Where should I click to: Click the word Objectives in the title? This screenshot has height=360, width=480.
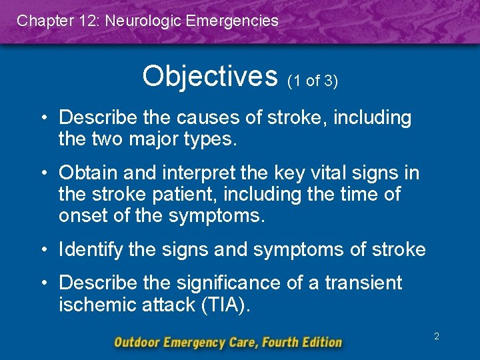(x=209, y=76)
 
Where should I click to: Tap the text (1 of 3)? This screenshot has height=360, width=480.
(x=313, y=81)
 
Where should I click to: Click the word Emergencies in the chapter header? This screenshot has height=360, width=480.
(x=233, y=21)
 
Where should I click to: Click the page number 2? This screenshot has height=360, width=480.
(x=437, y=337)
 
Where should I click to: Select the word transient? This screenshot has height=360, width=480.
(x=363, y=283)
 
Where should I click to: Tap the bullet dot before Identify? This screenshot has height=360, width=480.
(x=45, y=250)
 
